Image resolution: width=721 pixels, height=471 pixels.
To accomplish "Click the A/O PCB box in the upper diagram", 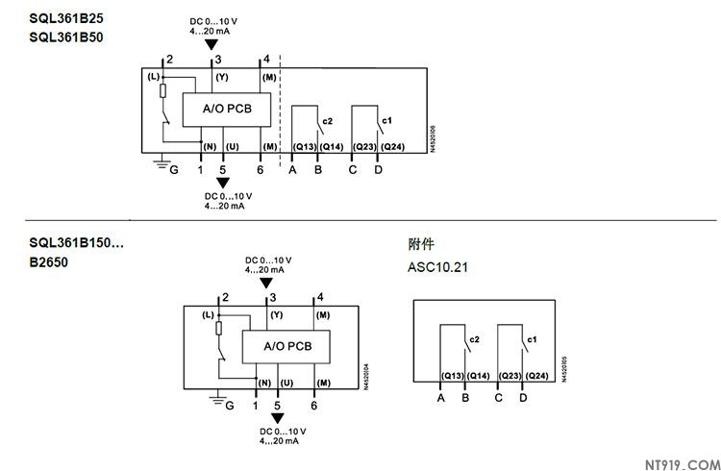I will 227,110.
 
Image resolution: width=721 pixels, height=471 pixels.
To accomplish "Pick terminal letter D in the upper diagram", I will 378,169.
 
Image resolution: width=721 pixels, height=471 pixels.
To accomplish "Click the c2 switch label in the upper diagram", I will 328,121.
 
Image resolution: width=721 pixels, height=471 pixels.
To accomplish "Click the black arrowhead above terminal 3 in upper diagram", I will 212,41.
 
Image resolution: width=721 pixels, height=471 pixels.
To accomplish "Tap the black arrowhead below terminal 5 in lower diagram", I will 278,417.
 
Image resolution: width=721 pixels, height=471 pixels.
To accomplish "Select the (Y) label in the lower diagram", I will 277,315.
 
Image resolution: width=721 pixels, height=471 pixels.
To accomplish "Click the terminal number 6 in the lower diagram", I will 314,405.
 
